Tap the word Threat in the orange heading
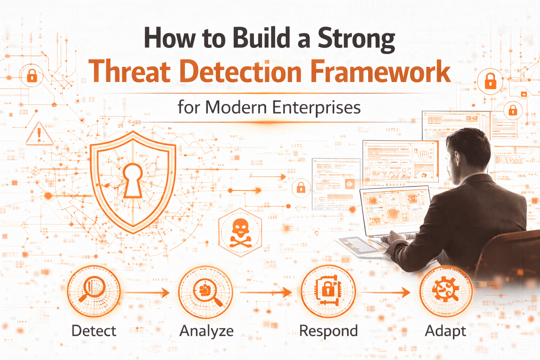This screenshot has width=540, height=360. click(130, 71)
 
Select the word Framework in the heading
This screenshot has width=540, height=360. click(381, 71)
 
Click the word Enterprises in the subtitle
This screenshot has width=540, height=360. click(316, 108)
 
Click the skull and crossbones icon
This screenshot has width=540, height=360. click(240, 233)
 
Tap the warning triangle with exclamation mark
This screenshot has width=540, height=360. click(39, 134)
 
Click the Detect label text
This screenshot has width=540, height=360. click(94, 330)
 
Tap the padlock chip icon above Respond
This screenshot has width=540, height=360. click(328, 290)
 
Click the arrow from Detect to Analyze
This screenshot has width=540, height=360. click(148, 292)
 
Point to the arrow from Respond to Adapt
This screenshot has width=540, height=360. click(385, 292)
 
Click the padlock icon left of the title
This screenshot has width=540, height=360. click(32, 76)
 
